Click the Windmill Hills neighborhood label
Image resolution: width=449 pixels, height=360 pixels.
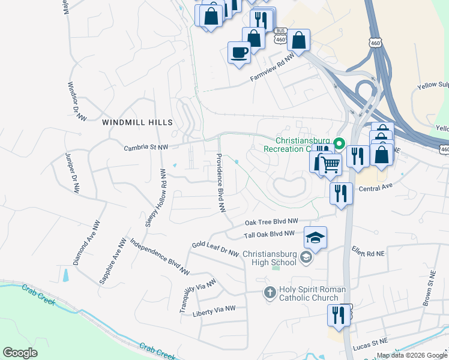(x=137, y=122)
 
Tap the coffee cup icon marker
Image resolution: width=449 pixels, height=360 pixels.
(x=239, y=52)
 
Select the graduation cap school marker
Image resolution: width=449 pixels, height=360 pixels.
(x=315, y=238)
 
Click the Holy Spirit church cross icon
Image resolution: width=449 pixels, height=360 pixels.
(x=270, y=293)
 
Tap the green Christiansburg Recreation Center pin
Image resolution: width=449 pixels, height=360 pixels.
(x=339, y=143)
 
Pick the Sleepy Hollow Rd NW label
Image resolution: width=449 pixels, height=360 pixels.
(x=154, y=197)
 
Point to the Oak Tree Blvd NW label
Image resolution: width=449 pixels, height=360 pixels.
(x=271, y=222)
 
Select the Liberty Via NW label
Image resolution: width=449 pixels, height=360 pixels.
(x=214, y=311)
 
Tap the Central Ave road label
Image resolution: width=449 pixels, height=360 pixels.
(x=375, y=187)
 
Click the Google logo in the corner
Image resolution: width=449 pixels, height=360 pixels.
(x=20, y=353)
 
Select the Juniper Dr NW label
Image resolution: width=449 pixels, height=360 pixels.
(x=72, y=172)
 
